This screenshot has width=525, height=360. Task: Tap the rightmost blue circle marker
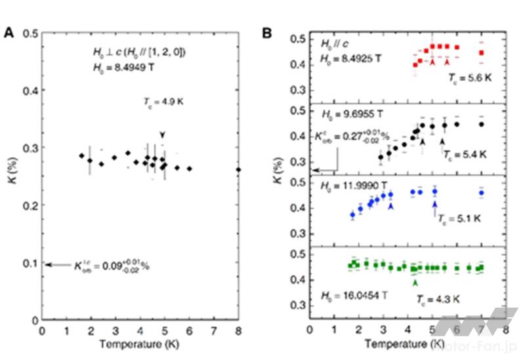[482, 193]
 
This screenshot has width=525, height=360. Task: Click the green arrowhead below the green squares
[414, 281]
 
